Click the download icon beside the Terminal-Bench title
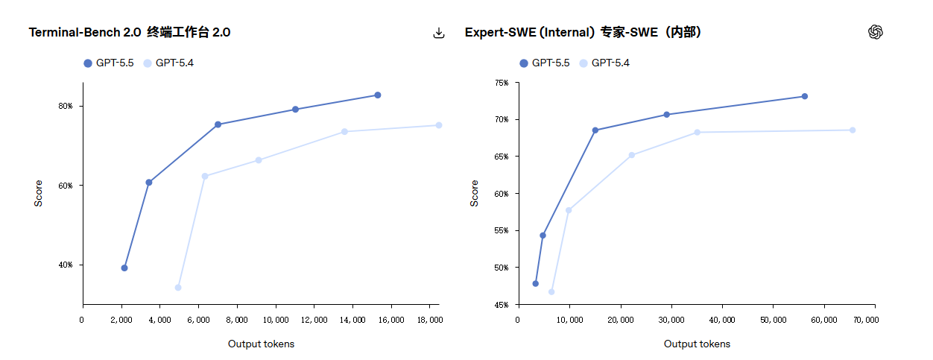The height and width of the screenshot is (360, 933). click(x=439, y=33)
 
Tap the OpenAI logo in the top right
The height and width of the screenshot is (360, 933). click(x=876, y=32)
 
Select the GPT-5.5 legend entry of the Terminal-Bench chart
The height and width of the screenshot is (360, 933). click(x=109, y=63)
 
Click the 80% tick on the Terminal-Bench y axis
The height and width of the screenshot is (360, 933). click(x=66, y=107)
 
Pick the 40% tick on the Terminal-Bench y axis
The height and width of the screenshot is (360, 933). click(x=66, y=265)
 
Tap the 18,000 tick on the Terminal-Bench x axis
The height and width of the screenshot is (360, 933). click(x=430, y=320)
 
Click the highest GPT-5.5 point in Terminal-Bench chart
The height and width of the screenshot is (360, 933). click(x=378, y=95)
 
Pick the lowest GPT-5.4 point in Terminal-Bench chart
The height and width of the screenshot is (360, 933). click(x=178, y=288)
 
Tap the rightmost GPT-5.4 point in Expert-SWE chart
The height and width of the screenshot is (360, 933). click(x=853, y=130)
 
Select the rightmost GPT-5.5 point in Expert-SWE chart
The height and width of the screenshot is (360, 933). click(x=805, y=96)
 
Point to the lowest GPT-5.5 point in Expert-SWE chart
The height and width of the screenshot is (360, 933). click(x=535, y=284)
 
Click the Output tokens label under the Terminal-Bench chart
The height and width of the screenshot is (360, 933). click(x=261, y=344)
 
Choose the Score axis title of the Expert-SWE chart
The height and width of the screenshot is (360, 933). click(x=475, y=193)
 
